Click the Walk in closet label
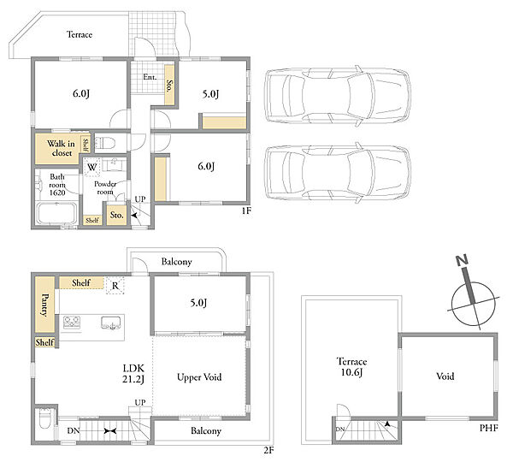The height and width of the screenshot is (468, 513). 62,148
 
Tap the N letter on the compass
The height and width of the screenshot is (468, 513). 463,260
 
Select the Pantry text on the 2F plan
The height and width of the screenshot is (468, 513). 44,305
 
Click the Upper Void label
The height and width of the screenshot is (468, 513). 199,377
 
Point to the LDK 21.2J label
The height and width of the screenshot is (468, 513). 133,374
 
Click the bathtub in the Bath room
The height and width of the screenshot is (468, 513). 56,214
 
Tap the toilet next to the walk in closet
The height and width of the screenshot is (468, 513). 106,143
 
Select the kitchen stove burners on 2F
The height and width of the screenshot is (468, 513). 72,323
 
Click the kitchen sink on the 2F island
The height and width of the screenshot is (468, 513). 111,323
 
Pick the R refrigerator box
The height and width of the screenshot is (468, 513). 115,286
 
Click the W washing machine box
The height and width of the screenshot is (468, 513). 92,168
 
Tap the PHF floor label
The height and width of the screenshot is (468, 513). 489,428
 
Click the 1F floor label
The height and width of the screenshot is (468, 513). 246,210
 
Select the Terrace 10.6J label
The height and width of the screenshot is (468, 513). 351,367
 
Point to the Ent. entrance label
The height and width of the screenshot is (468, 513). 150,77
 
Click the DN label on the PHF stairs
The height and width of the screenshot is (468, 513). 340,429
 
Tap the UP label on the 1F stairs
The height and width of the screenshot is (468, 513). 140,199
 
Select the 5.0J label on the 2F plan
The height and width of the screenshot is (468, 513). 198,303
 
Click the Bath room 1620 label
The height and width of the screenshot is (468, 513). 57,185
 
